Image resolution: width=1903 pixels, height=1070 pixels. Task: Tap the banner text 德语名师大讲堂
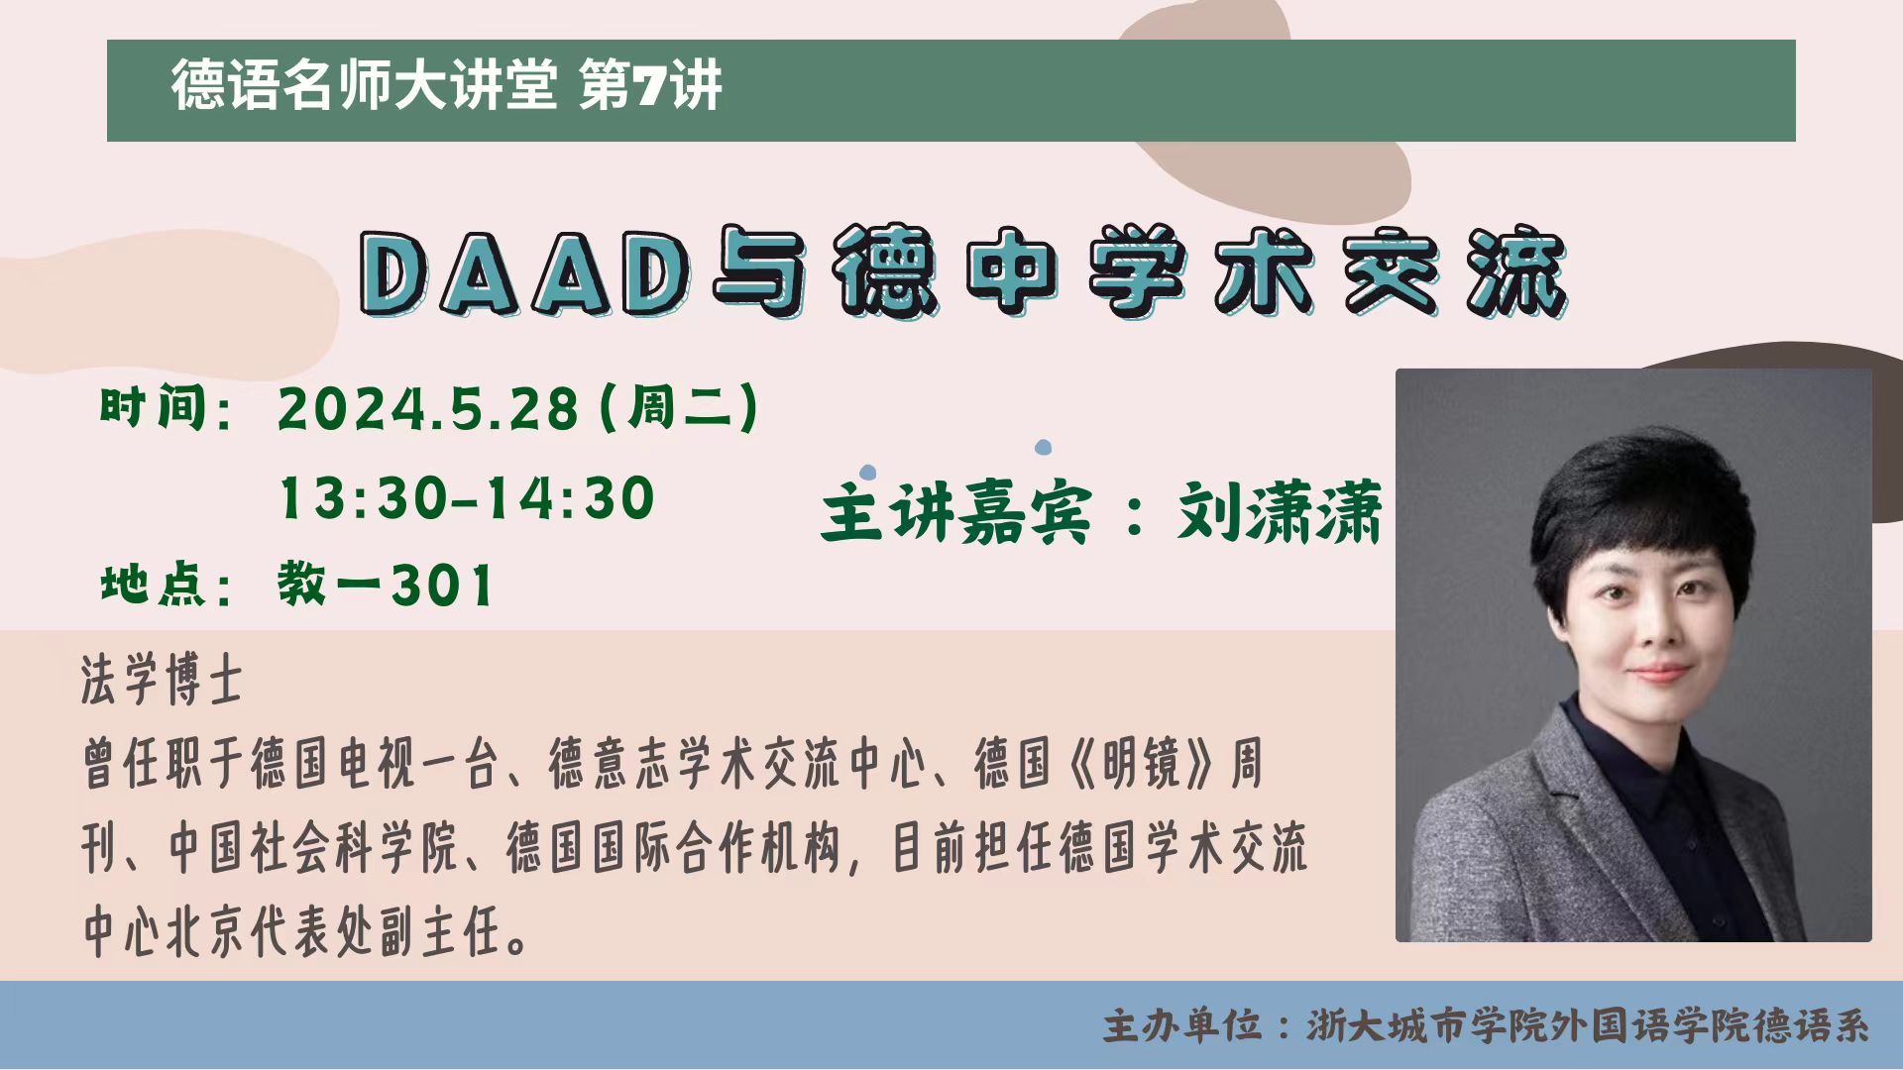tap(364, 86)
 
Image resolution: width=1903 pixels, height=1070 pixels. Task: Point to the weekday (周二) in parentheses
tap(680, 408)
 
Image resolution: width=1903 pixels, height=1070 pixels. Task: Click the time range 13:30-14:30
tap(467, 498)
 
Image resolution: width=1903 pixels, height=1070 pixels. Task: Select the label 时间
tap(153, 408)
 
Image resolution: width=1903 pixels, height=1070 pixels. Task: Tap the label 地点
tap(153, 584)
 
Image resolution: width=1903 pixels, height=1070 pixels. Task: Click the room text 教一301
tap(386, 584)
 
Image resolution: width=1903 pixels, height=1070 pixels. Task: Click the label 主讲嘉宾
tap(956, 512)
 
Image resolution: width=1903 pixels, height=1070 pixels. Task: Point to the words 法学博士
tap(162, 682)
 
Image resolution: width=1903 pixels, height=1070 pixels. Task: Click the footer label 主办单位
tap(1183, 1026)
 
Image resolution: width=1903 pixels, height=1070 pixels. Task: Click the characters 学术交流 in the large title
tap(1328, 273)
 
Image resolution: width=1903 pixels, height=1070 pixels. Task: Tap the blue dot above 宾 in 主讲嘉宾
tap(1043, 448)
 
